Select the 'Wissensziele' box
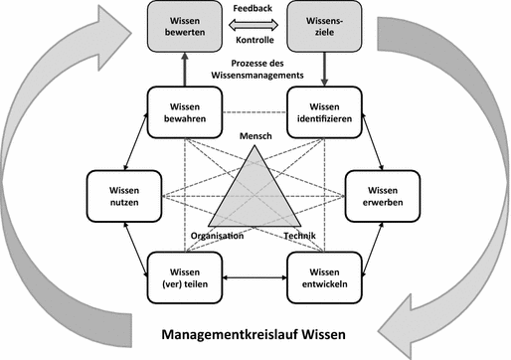321,27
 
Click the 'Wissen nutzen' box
118,195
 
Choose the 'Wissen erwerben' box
381,196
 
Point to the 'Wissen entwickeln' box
322,279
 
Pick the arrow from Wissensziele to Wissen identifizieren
321,70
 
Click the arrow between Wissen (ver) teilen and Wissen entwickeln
252,279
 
